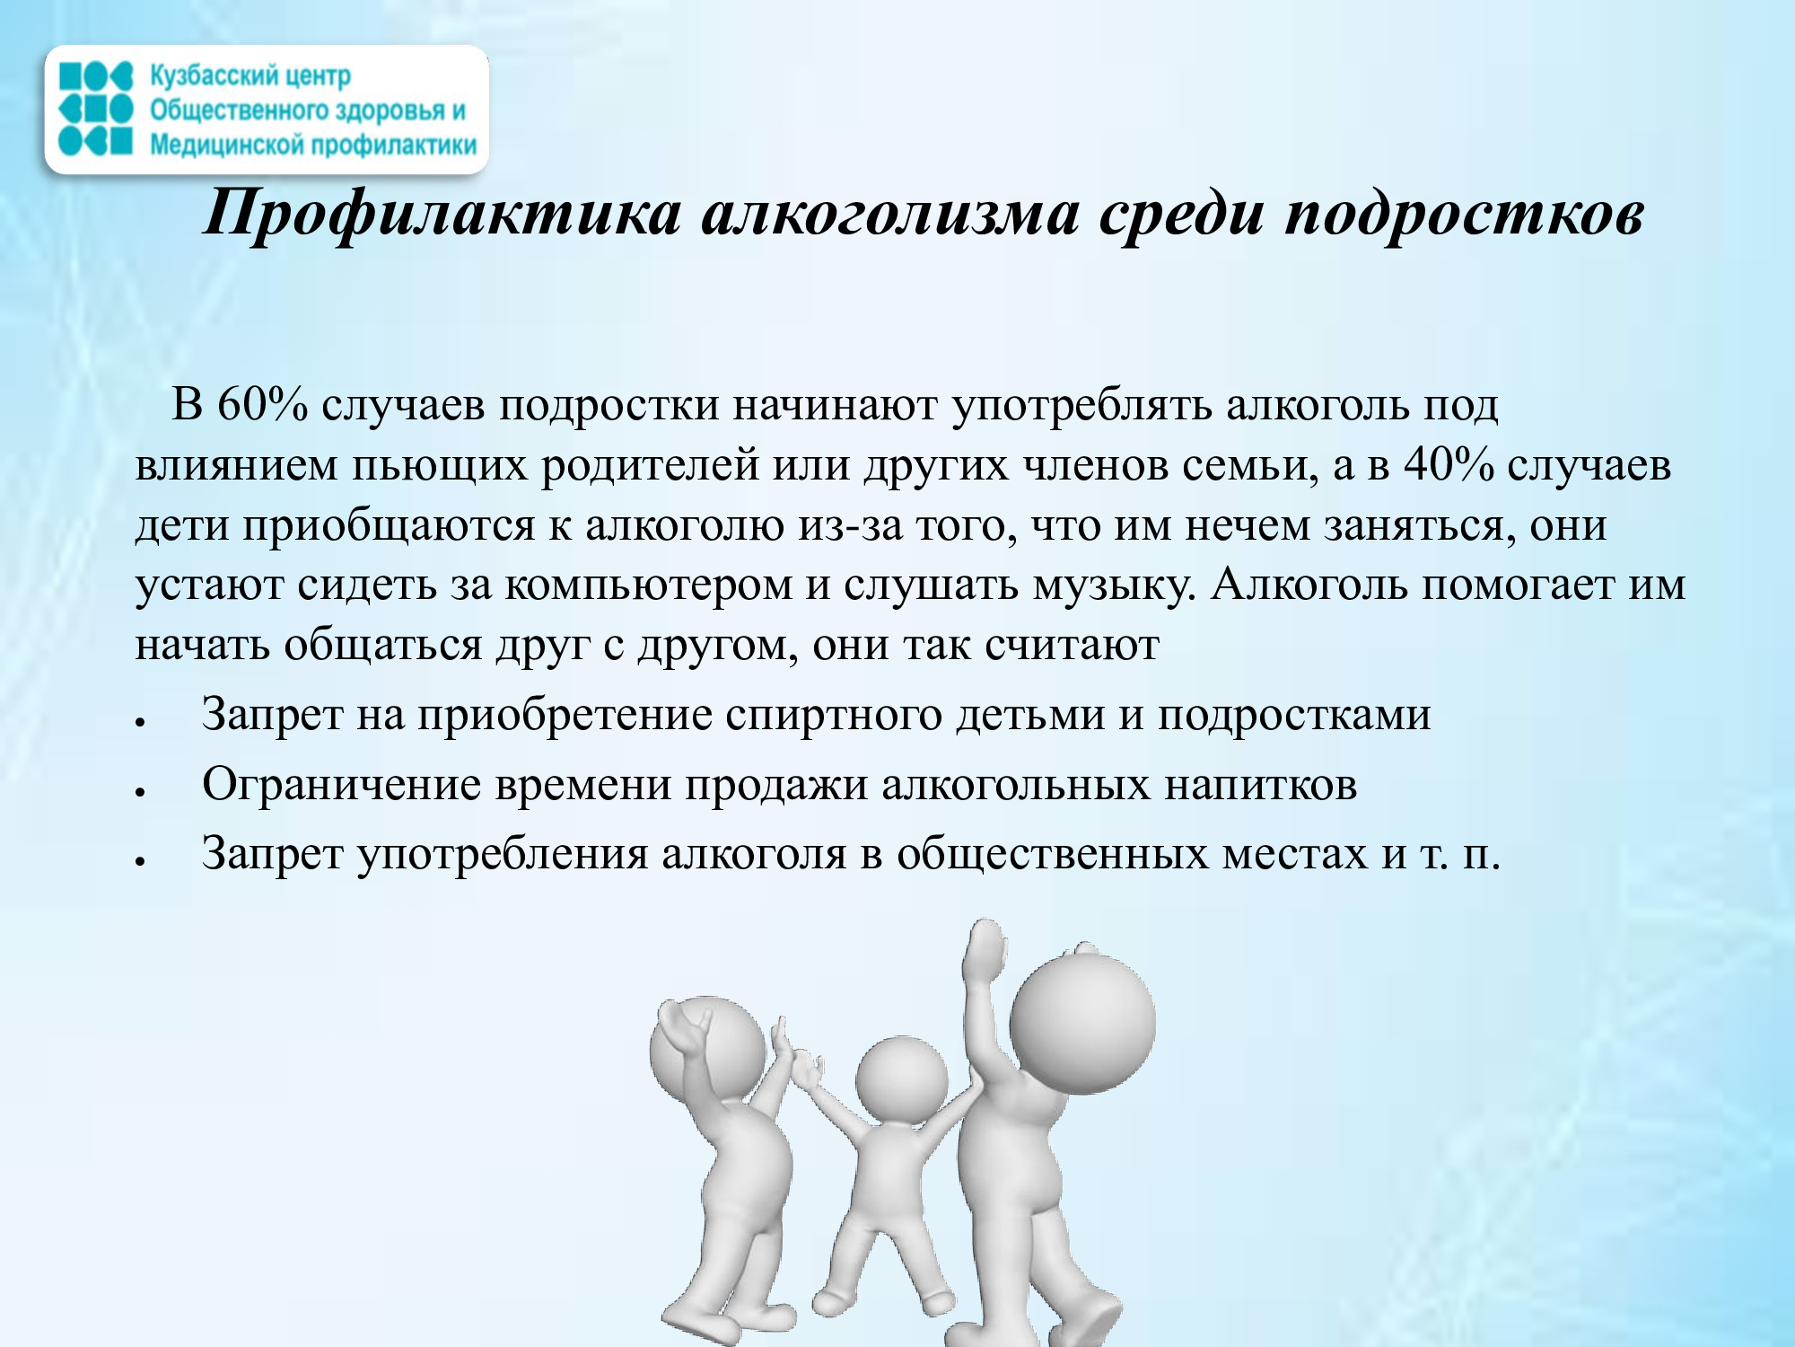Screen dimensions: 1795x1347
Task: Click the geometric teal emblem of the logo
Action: (x=96, y=110)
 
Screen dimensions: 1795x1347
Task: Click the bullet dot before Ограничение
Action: (x=141, y=791)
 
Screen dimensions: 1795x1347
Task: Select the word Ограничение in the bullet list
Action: (x=342, y=785)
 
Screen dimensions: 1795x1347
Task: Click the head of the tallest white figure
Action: (x=1081, y=1024)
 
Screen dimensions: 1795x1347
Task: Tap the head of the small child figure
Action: (x=901, y=1079)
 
